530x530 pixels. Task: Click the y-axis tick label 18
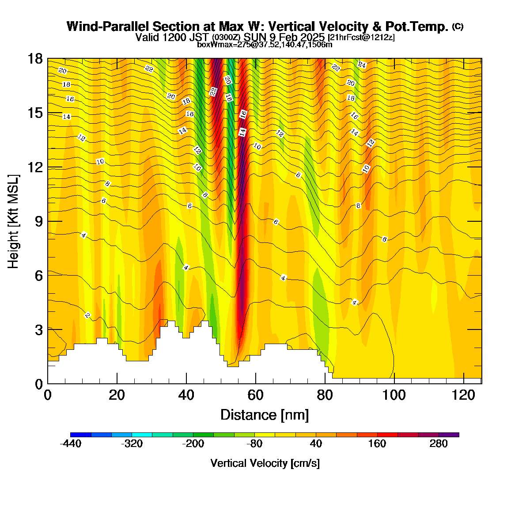(x=35, y=59)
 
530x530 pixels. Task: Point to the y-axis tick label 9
(x=39, y=221)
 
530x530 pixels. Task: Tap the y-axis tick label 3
(x=39, y=330)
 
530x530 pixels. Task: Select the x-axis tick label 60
(x=256, y=395)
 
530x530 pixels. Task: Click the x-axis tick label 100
(x=394, y=395)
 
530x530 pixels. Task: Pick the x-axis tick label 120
(x=464, y=395)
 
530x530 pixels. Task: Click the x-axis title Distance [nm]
(x=265, y=415)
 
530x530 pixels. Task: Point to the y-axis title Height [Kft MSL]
(x=13, y=221)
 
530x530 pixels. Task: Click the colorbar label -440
(x=71, y=443)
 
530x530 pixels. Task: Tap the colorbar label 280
(x=439, y=443)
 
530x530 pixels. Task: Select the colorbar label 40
(x=316, y=443)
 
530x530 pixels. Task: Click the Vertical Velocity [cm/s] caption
(x=265, y=463)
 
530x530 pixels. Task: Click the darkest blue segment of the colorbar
(x=80, y=435)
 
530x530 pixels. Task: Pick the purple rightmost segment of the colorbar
(x=449, y=435)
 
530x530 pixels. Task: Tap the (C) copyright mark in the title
(x=458, y=26)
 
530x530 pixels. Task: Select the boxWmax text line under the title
(x=265, y=45)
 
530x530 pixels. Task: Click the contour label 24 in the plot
(x=362, y=65)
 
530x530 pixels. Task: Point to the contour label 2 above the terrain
(x=87, y=315)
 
